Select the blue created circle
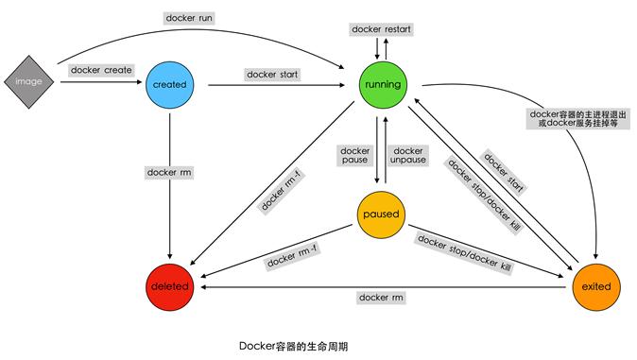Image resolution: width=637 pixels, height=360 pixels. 169,84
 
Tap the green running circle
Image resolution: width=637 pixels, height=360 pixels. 382,84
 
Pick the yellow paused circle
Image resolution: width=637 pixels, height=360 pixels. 382,214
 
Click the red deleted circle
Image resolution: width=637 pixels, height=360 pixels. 169,285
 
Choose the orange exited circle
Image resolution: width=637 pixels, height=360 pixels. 597,285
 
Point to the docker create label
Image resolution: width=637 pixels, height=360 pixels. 101,70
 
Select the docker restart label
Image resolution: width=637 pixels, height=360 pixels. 380,29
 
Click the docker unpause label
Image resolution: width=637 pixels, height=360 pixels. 408,156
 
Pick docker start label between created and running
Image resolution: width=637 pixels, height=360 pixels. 272,74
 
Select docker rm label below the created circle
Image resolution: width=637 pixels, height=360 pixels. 169,172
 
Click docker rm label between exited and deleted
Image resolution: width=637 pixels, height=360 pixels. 381,298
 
